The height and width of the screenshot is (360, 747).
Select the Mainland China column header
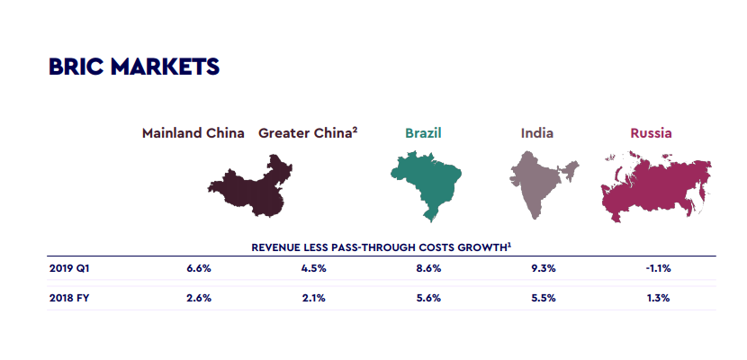tap(193, 133)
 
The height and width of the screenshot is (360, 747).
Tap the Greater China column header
tap(308, 133)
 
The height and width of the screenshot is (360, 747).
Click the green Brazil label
tap(423, 133)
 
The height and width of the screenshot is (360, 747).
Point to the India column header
tap(537, 133)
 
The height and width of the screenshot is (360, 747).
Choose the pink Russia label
tap(651, 133)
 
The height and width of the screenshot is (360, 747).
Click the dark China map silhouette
tap(255, 186)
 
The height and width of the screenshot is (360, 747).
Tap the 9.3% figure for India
tap(544, 268)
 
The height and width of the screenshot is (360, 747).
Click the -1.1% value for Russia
tap(657, 268)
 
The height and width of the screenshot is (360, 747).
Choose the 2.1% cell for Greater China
tap(314, 298)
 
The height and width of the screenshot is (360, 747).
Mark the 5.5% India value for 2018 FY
tap(544, 298)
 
